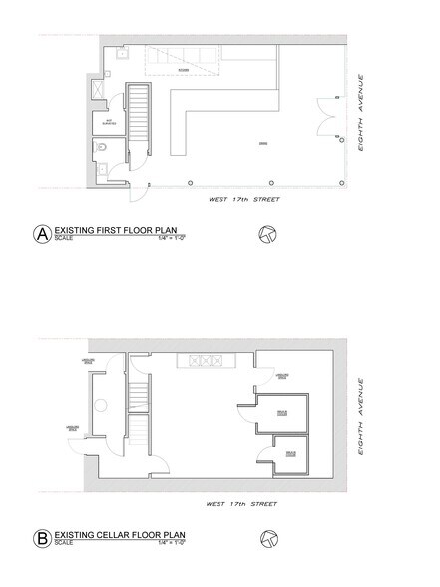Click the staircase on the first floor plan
[x=141, y=124]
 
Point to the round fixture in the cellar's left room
[x=101, y=406]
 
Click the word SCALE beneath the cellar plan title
[x=64, y=545]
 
